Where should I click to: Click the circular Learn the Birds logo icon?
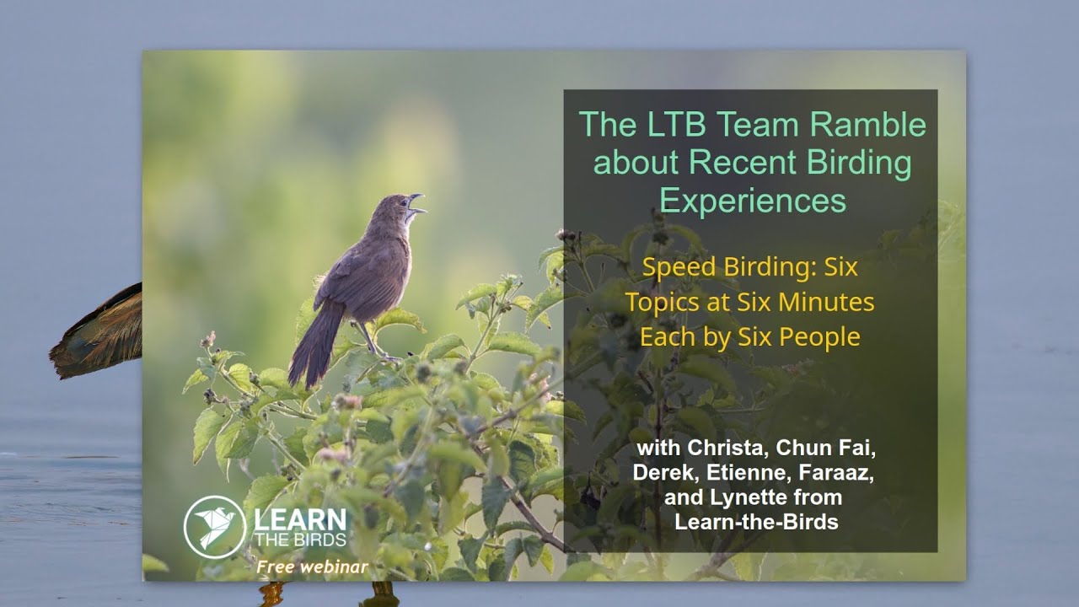click(214, 526)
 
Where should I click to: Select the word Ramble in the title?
click(867, 125)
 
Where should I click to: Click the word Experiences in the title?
click(753, 201)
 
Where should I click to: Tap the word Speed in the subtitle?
click(677, 267)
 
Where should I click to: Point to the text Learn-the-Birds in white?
click(756, 522)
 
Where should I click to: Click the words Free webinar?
click(313, 567)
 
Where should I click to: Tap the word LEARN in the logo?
click(300, 519)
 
